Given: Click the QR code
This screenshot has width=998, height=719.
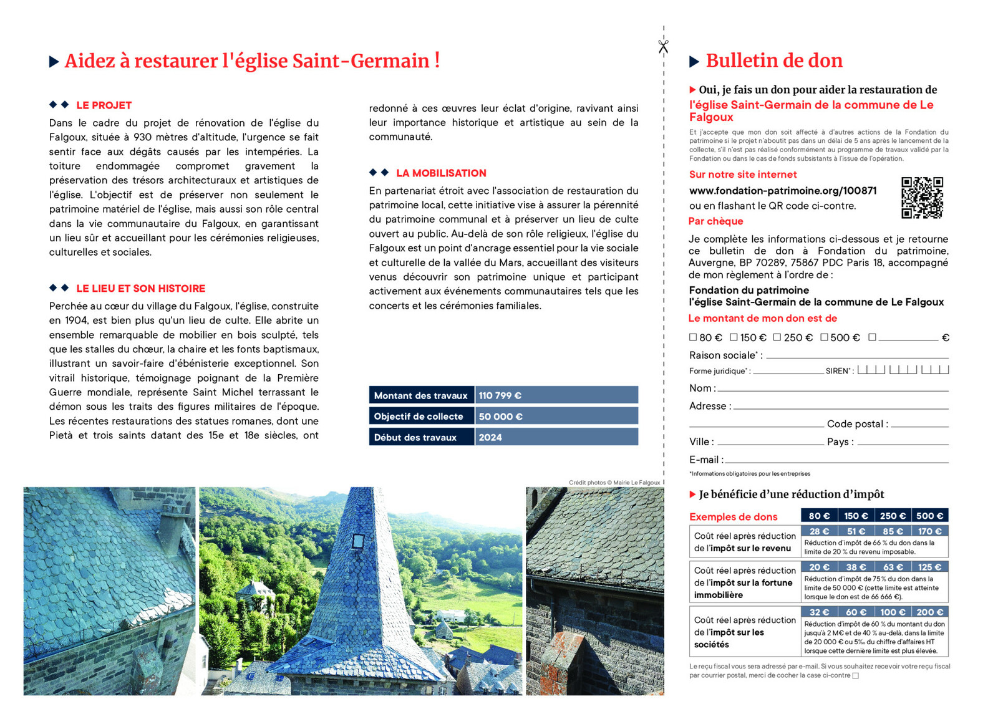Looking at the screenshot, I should point(922,198).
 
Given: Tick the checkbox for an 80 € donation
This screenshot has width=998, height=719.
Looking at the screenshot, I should point(692,337).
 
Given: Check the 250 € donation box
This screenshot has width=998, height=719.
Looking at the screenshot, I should point(777,337).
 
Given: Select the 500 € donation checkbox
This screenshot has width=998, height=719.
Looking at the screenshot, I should point(824,337).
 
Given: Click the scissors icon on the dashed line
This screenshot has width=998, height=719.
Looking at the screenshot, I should point(663,46).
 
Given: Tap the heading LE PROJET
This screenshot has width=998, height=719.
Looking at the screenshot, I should point(104,105).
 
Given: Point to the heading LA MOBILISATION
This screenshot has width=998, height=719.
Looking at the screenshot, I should point(441,173).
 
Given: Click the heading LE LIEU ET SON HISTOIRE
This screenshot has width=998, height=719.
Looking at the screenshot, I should point(140,289).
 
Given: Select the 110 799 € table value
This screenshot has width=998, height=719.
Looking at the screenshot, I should point(500,395).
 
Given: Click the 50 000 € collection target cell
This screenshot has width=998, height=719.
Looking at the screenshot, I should point(500,417).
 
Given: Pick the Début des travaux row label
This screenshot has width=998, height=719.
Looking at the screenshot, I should point(415,438).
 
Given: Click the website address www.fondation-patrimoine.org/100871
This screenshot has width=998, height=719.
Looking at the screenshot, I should point(782,191).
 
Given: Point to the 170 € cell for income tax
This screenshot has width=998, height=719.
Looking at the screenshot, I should point(929,531).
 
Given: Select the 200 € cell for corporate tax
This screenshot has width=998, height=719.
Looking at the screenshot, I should point(929,612).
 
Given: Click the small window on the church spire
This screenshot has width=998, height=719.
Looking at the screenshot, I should point(358,541).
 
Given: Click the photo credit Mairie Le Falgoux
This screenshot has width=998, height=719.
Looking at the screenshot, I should point(636,483).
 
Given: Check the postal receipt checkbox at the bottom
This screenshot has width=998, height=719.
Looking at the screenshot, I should point(855,675).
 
